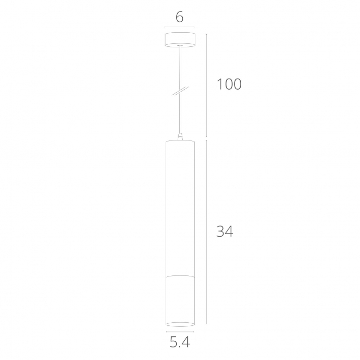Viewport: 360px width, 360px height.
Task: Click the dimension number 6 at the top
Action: click(180, 17)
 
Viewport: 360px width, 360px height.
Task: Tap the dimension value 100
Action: click(229, 84)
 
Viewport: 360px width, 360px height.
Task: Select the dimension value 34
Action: click(225, 231)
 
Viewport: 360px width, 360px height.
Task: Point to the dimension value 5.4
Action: click(180, 342)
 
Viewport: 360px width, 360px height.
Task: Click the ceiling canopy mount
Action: click(180, 40)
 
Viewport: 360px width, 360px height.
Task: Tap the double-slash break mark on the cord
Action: click(180, 91)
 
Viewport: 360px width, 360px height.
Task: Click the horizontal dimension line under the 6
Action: click(180, 27)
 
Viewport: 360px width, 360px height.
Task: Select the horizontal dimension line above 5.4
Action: click(180, 331)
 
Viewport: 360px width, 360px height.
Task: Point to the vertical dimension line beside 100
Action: click(206, 86)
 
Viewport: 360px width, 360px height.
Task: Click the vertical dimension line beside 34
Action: click(206, 232)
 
